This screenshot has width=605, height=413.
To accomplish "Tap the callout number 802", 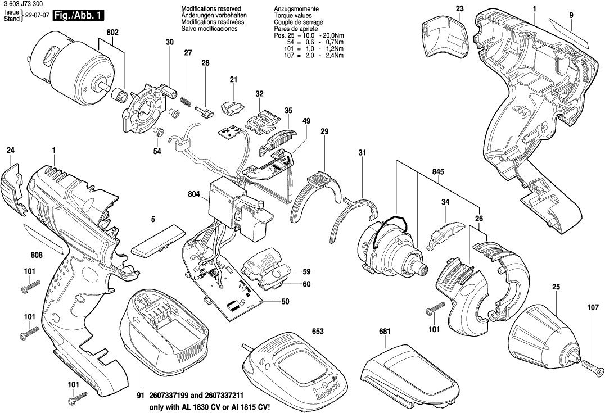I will pyautogui.click(x=112, y=33).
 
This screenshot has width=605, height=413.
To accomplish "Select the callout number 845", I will pyautogui.click(x=440, y=173).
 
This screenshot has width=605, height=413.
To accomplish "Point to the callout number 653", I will pyautogui.click(x=318, y=332).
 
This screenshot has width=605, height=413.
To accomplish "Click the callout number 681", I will pyautogui.click(x=385, y=332).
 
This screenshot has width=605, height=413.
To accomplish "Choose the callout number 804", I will pyautogui.click(x=194, y=195).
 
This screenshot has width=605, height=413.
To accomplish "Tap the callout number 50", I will pyautogui.click(x=285, y=302).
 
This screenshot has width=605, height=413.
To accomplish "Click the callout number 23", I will pyautogui.click(x=460, y=8).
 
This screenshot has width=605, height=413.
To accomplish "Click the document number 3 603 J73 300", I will pyautogui.click(x=25, y=5).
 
